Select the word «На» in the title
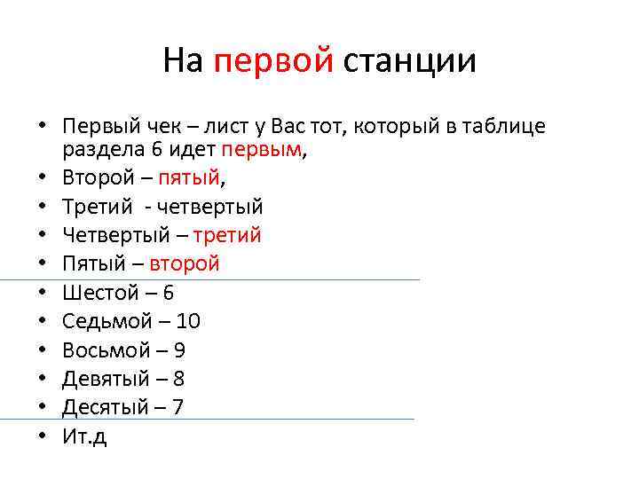point(184,61)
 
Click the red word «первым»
point(262,150)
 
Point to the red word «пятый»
point(188,178)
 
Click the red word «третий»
point(229,236)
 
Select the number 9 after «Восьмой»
point(179,349)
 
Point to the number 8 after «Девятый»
point(178,379)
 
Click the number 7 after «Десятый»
point(177,407)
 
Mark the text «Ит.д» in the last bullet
point(84,436)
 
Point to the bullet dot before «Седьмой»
point(42,322)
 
